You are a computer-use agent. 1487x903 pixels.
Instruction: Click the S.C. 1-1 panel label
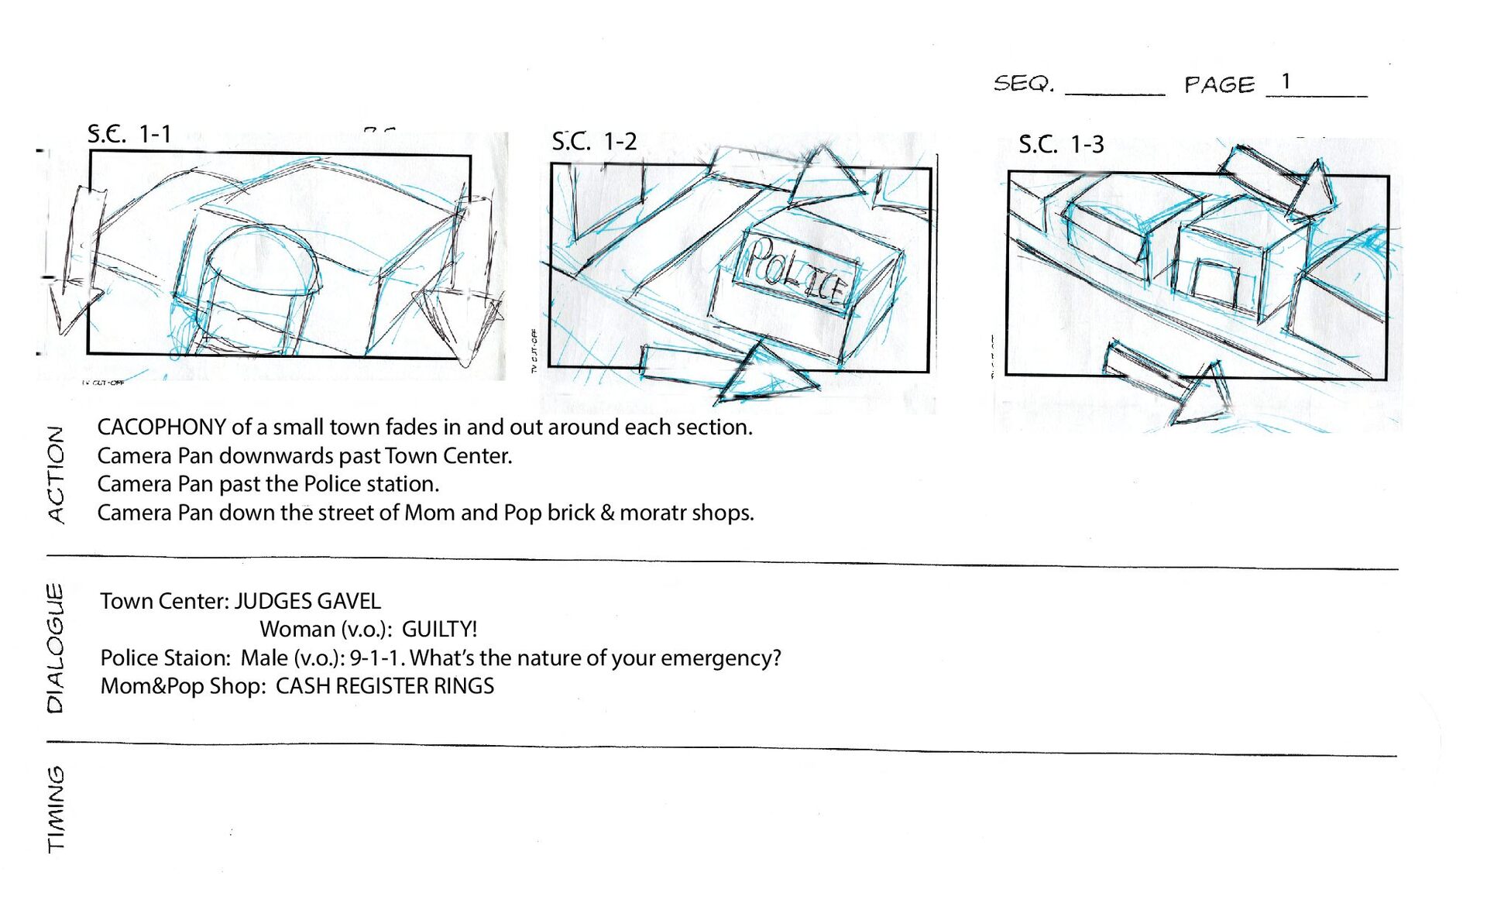pyautogui.click(x=129, y=134)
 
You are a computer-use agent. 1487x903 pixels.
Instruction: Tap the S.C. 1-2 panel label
pyautogui.click(x=594, y=142)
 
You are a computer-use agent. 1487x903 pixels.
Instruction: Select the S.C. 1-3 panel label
pyautogui.click(x=1060, y=144)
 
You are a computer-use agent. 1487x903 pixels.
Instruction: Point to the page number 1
pyautogui.click(x=1286, y=81)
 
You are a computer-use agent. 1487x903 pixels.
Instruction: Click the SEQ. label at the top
pyautogui.click(x=1024, y=84)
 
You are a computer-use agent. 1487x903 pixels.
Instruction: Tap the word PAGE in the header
pyautogui.click(x=1219, y=84)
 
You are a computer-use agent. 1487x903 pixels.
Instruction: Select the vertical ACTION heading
pyautogui.click(x=56, y=474)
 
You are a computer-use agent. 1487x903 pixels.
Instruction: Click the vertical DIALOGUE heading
pyautogui.click(x=56, y=647)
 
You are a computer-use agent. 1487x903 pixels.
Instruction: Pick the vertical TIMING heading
pyautogui.click(x=56, y=809)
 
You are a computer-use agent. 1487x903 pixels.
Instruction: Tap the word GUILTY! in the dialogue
pyautogui.click(x=439, y=629)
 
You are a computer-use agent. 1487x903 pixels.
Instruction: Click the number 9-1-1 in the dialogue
pyautogui.click(x=376, y=658)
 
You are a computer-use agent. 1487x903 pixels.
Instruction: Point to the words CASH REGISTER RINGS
pyautogui.click(x=384, y=686)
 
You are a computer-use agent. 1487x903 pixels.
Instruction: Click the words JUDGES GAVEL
pyautogui.click(x=307, y=601)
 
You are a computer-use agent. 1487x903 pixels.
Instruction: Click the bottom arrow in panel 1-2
pyautogui.click(x=728, y=374)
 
